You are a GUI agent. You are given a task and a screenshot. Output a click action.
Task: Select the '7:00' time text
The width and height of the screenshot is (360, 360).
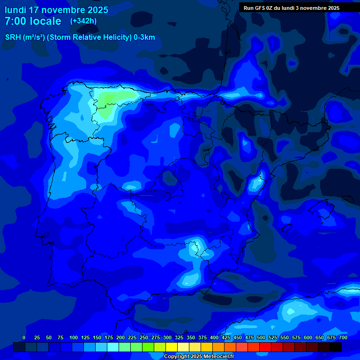(x=15, y=21)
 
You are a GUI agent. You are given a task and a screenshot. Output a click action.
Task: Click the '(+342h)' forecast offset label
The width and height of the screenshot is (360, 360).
(x=83, y=21)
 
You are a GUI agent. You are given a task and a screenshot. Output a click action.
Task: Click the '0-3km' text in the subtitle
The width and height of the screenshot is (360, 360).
(x=144, y=37)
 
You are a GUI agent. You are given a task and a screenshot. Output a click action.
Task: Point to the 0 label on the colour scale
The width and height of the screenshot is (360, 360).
(x=24, y=337)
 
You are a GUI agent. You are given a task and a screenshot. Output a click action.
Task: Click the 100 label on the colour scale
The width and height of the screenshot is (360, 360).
(x=74, y=337)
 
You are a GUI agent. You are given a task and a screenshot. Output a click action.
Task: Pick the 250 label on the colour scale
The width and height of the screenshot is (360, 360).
(x=144, y=337)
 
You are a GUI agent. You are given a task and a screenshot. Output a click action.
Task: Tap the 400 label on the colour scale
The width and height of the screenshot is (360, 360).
(x=214, y=337)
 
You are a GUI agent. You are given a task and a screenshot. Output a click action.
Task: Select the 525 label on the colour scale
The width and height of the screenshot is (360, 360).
(x=273, y=337)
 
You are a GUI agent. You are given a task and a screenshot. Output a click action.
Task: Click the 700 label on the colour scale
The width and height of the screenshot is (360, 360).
(x=343, y=337)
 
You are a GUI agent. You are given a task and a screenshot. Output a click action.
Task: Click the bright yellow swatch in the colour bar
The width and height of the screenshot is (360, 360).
(x=172, y=347)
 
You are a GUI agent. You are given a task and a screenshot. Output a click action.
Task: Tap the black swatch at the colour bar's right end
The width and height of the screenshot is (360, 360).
(x=336, y=347)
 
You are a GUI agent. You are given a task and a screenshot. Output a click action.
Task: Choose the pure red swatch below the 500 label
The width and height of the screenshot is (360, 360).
(x=265, y=347)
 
